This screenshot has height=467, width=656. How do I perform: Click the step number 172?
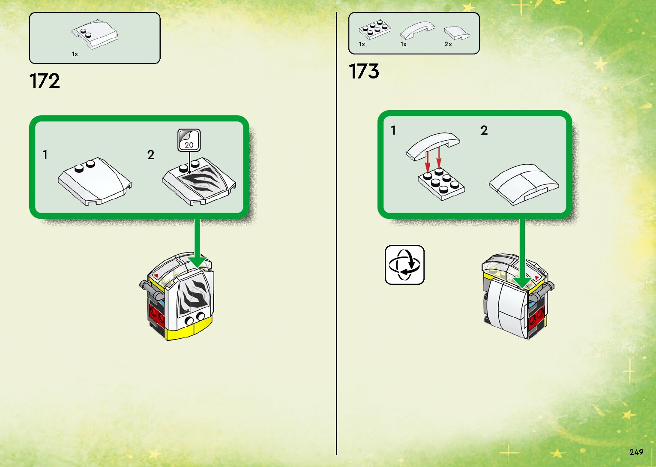pyautogui.click(x=45, y=81)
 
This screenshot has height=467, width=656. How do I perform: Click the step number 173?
pyautogui.click(x=364, y=71)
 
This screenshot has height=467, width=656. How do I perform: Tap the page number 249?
pyautogui.click(x=636, y=452)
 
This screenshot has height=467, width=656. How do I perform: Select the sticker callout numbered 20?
pyautogui.click(x=189, y=140)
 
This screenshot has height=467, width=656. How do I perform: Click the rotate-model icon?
pyautogui.click(x=404, y=265)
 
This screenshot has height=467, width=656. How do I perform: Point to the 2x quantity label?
pyautogui.click(x=448, y=44)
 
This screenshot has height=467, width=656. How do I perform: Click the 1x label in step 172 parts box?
pyautogui.click(x=75, y=54)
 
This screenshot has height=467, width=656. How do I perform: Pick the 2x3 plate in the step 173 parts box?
pyautogui.click(x=375, y=29)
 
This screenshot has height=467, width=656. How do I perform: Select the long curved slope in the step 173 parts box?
pyautogui.click(x=417, y=30)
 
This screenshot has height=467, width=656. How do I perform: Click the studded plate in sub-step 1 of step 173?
pyautogui.click(x=441, y=184)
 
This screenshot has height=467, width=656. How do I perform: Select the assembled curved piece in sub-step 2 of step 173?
pyautogui.click(x=524, y=184)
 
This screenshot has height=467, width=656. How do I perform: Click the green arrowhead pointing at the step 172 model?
pyautogui.click(x=197, y=261)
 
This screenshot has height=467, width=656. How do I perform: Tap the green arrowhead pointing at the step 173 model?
pyautogui.click(x=522, y=281)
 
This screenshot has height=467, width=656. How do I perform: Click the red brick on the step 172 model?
pyautogui.click(x=156, y=316)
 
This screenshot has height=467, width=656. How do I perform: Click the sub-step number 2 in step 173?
pyautogui.click(x=484, y=130)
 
